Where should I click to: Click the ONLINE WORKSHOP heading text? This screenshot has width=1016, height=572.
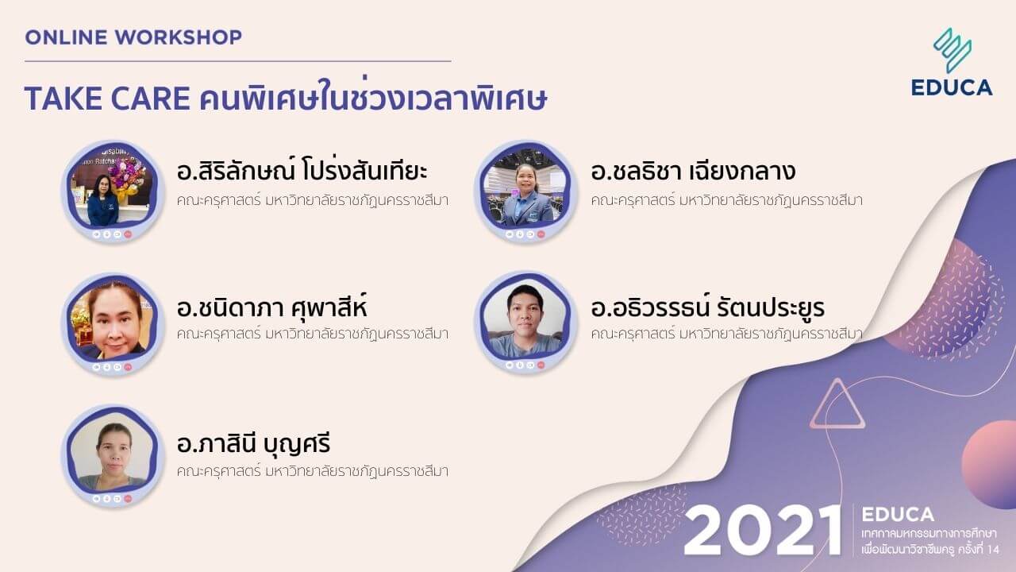point(133,37)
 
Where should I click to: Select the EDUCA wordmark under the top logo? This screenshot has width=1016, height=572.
point(952,87)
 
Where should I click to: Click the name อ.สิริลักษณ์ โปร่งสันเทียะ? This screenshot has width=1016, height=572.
point(302,172)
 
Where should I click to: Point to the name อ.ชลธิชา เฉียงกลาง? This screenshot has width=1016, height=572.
point(693,172)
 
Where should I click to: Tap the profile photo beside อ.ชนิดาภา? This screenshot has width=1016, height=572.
point(114,323)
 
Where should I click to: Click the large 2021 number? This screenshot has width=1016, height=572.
point(763,530)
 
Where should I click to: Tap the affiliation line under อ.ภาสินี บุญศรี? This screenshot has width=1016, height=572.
point(313,471)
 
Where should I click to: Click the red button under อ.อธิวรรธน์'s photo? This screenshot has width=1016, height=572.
point(541,365)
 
